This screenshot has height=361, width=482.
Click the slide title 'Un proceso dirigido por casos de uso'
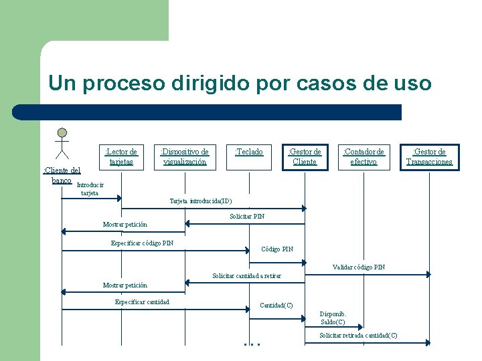[x=240, y=84]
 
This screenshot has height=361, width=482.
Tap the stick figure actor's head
[x=62, y=132]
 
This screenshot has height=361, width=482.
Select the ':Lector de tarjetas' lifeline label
[x=121, y=156]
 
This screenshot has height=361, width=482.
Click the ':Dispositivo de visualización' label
[x=184, y=156]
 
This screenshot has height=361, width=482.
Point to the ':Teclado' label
[x=248, y=152]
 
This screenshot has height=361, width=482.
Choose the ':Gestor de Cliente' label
[x=305, y=156]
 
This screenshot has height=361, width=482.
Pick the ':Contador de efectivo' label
[x=364, y=156]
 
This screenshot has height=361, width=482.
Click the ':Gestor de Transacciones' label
[x=429, y=156]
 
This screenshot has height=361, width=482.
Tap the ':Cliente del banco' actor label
[x=61, y=175]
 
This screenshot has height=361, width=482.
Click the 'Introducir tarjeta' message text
[x=90, y=189]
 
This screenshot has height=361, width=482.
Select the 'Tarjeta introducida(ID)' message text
[x=201, y=201]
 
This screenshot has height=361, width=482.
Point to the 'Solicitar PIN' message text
[x=247, y=216]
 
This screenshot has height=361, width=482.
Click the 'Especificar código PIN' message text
[x=142, y=243]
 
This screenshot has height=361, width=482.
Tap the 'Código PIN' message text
[x=277, y=249]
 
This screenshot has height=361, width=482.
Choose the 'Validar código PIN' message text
[x=359, y=267]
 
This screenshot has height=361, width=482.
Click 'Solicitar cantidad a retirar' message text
[x=246, y=275]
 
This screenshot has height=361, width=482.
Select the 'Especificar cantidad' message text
[x=142, y=302]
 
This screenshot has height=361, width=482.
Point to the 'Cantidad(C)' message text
[x=276, y=306]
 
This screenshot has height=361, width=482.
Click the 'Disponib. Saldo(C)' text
[x=333, y=318]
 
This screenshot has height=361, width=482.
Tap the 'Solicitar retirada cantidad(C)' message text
[x=358, y=335]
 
